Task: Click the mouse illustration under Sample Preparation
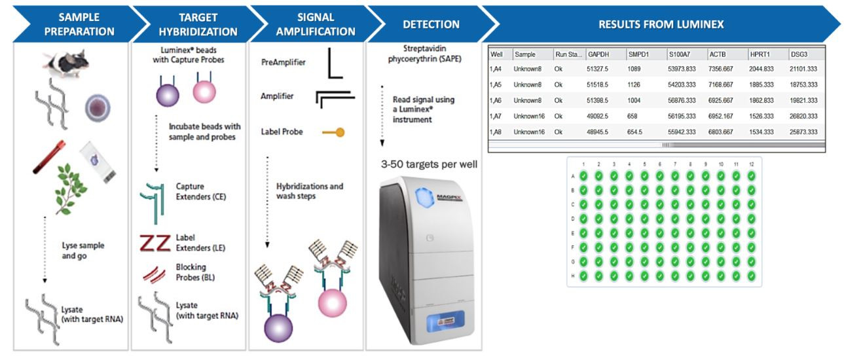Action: tap(66, 63)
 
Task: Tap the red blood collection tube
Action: tap(49, 157)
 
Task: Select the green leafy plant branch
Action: tap(71, 189)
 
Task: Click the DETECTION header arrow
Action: tap(431, 24)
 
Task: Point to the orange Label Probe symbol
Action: tap(333, 132)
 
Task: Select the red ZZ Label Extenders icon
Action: tap(155, 243)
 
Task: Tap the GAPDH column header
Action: tap(598, 54)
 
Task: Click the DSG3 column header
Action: tap(799, 54)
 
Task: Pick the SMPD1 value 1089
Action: tap(634, 69)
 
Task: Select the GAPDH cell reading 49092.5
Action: tap(597, 117)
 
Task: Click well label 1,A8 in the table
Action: tap(496, 132)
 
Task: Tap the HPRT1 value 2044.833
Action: tap(761, 69)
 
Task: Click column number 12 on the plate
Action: tap(751, 164)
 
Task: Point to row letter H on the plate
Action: tap(573, 276)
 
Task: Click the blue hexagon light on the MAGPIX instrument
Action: tap(425, 198)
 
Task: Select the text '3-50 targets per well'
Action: tap(429, 164)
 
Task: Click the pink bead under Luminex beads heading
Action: tap(204, 92)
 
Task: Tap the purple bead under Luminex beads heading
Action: tap(168, 96)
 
